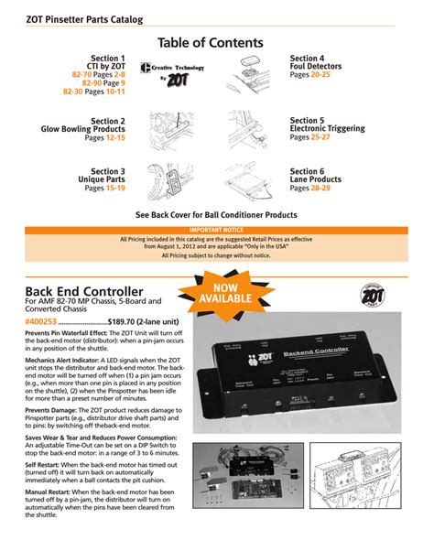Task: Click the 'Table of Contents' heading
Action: pos(216,42)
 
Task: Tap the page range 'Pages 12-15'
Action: pos(105,137)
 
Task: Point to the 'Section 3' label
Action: pos(108,171)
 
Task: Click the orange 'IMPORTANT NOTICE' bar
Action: pos(216,230)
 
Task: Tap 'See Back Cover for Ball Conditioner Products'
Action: pos(216,214)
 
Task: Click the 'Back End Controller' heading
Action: pos(83,290)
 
